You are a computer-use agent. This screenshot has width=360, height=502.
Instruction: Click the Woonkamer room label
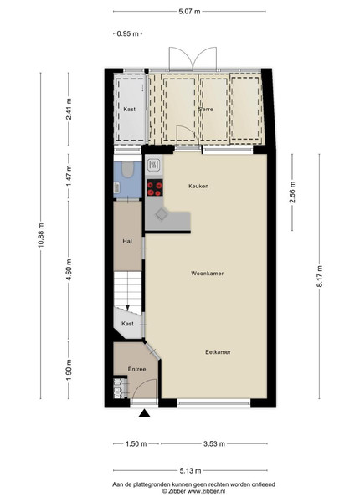pyautogui.click(x=208, y=274)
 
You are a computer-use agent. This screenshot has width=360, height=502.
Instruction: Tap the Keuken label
pyautogui.click(x=198, y=186)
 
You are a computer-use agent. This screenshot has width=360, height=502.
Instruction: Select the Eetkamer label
pyautogui.click(x=219, y=352)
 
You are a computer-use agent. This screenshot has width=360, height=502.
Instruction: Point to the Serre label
pyautogui.click(x=206, y=109)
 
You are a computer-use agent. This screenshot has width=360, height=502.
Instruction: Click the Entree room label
pyautogui.click(x=136, y=369)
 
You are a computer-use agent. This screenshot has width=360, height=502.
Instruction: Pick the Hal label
pyautogui.click(x=127, y=242)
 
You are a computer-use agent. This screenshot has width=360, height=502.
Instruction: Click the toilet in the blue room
pyautogui.click(x=128, y=169)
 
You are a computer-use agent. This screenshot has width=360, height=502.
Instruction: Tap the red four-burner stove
pyautogui.click(x=155, y=187)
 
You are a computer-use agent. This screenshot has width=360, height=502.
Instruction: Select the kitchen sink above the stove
pyautogui.click(x=154, y=165)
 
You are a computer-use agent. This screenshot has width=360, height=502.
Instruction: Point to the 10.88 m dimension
pyautogui.click(x=41, y=236)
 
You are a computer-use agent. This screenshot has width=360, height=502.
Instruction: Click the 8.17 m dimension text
pyautogui.click(x=320, y=276)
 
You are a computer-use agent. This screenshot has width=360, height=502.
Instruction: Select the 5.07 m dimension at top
pyautogui.click(x=189, y=12)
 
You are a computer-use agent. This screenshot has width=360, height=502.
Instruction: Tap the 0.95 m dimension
pyautogui.click(x=128, y=33)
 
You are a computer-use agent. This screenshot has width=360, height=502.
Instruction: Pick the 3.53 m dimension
pyautogui.click(x=214, y=443)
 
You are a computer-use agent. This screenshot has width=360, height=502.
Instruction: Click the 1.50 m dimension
pyautogui.click(x=136, y=443)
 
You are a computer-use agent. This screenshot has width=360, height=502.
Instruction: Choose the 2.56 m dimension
pyautogui.click(x=292, y=192)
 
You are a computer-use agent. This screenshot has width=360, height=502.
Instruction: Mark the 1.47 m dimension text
pyautogui.click(x=69, y=177)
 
